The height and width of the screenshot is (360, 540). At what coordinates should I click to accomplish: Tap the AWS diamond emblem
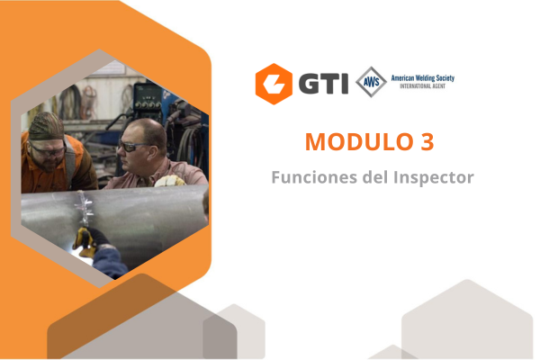pos(370,82)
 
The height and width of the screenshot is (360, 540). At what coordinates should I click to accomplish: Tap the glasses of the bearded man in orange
pos(45,141)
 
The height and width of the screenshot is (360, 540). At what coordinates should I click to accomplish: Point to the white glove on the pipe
pos(167,180)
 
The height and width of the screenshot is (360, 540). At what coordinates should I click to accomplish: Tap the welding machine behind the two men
pos(148,99)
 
